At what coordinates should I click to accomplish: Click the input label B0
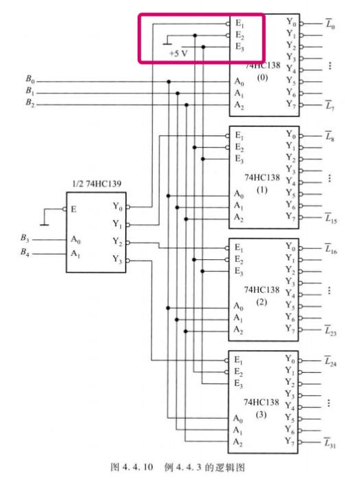click(30, 79)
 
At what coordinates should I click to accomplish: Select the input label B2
click(30, 102)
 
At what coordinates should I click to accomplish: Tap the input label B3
click(25, 238)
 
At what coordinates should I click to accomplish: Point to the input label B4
click(25, 252)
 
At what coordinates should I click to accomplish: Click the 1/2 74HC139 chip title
click(96, 184)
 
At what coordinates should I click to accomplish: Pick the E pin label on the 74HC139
click(74, 209)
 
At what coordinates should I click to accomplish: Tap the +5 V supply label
click(178, 54)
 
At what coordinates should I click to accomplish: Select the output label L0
click(330, 23)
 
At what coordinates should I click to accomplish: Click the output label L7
click(330, 106)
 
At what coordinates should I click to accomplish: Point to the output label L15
click(331, 218)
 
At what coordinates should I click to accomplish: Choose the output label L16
click(331, 249)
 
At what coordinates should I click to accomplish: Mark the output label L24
click(330, 362)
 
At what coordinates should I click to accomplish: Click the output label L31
click(330, 443)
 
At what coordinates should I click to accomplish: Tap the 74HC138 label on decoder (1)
click(262, 177)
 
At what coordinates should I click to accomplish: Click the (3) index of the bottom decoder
click(261, 415)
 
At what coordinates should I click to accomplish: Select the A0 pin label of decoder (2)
click(238, 306)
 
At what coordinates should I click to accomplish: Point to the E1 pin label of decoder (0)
click(240, 23)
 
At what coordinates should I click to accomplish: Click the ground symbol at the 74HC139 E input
click(45, 225)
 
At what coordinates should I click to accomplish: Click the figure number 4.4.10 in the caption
click(138, 467)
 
